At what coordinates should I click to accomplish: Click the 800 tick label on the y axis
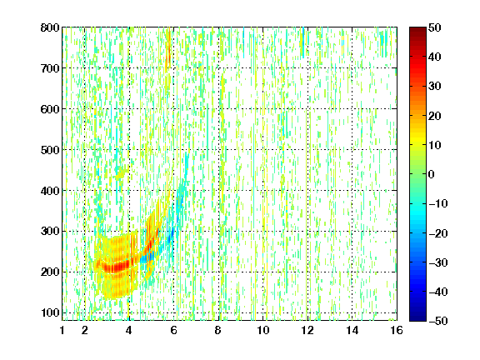click(50, 27)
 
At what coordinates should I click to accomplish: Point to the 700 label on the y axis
click(50, 68)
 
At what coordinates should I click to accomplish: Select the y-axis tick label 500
click(50, 150)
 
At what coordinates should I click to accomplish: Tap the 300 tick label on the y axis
click(50, 231)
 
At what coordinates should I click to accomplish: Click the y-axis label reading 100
click(50, 312)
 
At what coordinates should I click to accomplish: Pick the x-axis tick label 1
click(62, 330)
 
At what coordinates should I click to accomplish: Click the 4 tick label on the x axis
click(129, 330)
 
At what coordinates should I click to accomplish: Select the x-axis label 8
click(218, 330)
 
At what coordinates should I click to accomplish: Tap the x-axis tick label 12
click(307, 330)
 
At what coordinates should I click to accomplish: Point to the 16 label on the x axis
click(397, 330)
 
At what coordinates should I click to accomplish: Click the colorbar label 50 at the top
click(435, 27)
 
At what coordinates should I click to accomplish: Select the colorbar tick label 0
click(432, 174)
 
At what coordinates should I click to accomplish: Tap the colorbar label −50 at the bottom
click(438, 321)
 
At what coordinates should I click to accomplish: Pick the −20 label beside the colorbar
click(438, 233)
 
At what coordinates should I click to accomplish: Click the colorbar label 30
click(435, 87)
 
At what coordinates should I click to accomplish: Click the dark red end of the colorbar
click(417, 30)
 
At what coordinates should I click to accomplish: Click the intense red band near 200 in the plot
click(117, 266)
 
